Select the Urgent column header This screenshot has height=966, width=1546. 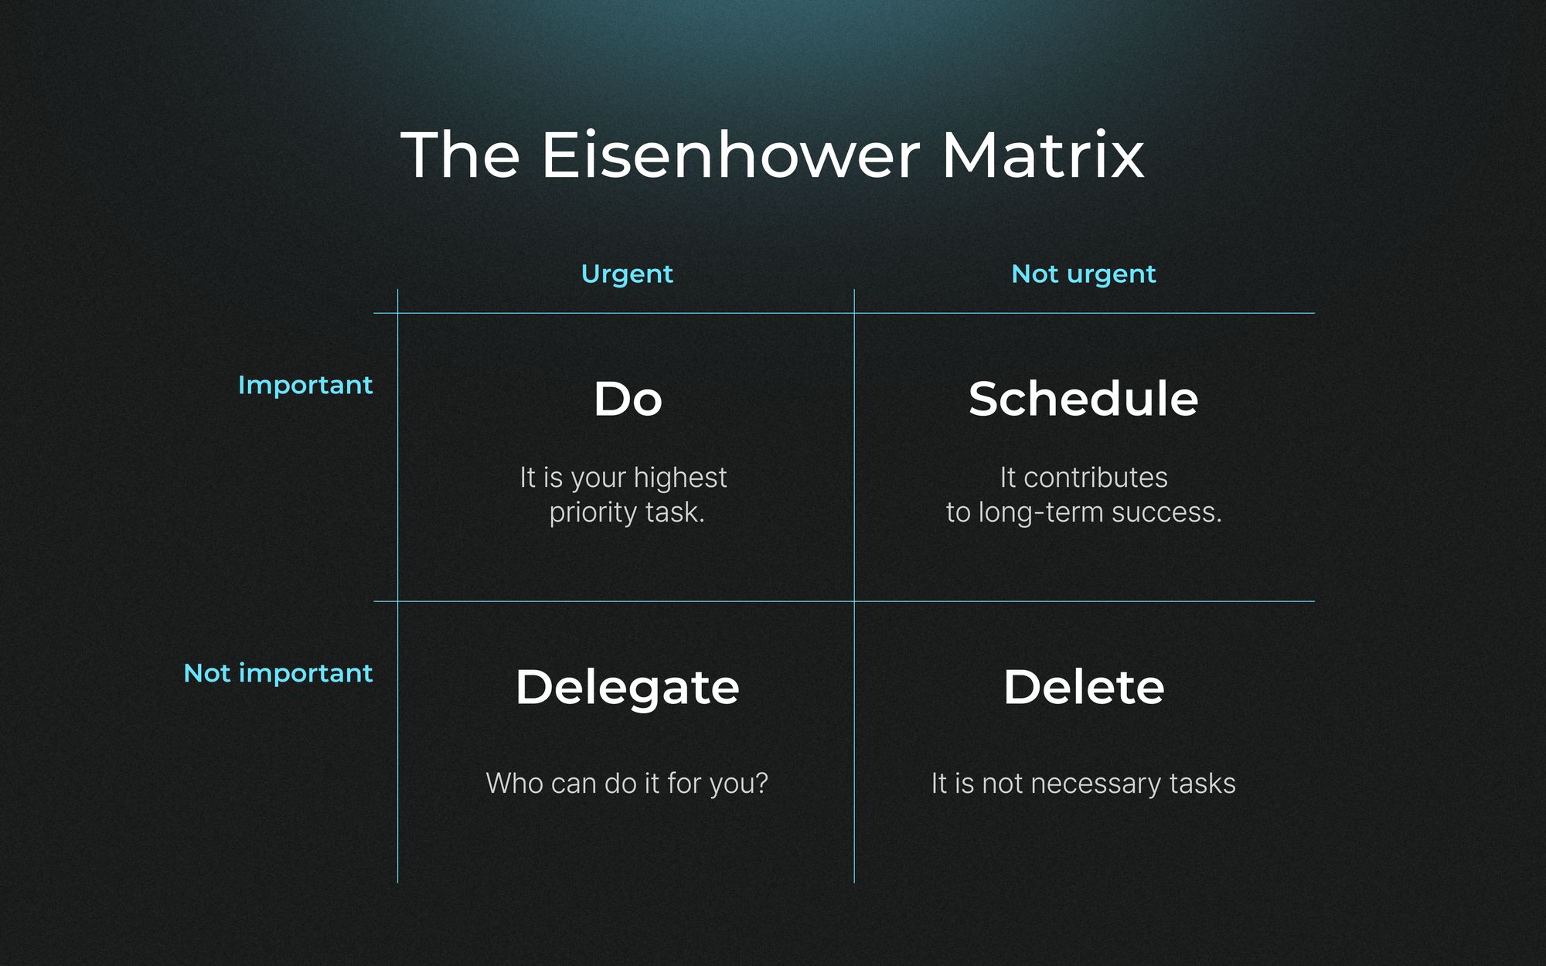(627, 275)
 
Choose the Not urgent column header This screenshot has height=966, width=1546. (1084, 275)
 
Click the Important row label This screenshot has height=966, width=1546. (305, 386)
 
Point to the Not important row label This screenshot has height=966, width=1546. (278, 674)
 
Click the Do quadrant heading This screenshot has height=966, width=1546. (628, 400)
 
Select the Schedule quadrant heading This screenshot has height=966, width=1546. (1084, 399)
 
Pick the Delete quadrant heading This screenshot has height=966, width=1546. (1084, 687)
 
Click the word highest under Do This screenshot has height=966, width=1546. (680, 478)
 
